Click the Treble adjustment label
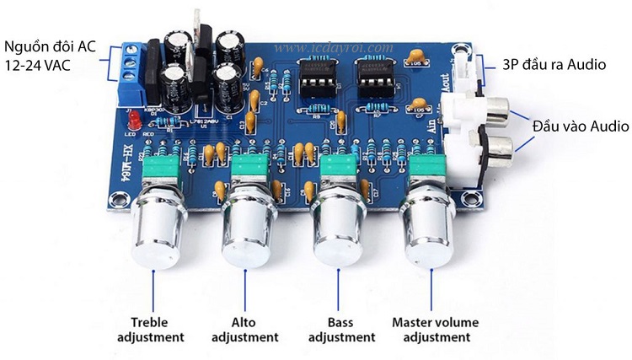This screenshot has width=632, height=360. (157, 330)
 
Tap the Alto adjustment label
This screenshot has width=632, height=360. (244, 330)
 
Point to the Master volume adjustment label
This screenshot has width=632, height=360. (435, 330)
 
